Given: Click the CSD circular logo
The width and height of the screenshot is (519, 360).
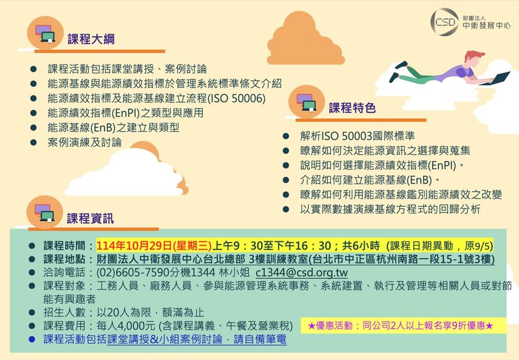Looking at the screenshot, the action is click(444, 22).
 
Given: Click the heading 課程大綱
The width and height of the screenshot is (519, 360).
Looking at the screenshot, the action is click(91, 39).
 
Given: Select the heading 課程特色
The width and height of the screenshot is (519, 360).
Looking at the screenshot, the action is click(352, 108).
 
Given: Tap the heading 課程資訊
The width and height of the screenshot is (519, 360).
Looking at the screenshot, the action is click(90, 219).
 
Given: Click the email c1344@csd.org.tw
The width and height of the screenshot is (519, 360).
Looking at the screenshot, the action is click(302, 272).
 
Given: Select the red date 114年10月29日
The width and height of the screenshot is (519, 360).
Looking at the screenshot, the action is click(134, 246).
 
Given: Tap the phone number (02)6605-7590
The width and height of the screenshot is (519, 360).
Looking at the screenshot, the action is click(133, 272).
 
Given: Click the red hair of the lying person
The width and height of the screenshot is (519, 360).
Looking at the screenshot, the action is click(474, 55).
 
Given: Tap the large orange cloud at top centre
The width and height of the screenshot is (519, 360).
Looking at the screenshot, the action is click(305, 39).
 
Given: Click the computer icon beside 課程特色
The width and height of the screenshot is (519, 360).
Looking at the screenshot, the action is click(306, 102).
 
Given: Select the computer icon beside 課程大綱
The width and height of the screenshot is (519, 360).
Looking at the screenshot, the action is click(45, 34).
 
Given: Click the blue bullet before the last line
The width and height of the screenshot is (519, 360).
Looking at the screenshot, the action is click(32, 339).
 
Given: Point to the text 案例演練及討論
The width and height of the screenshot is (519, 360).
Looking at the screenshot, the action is click(85, 142).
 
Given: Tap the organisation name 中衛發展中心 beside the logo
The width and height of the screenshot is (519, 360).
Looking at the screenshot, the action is click(486, 25).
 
